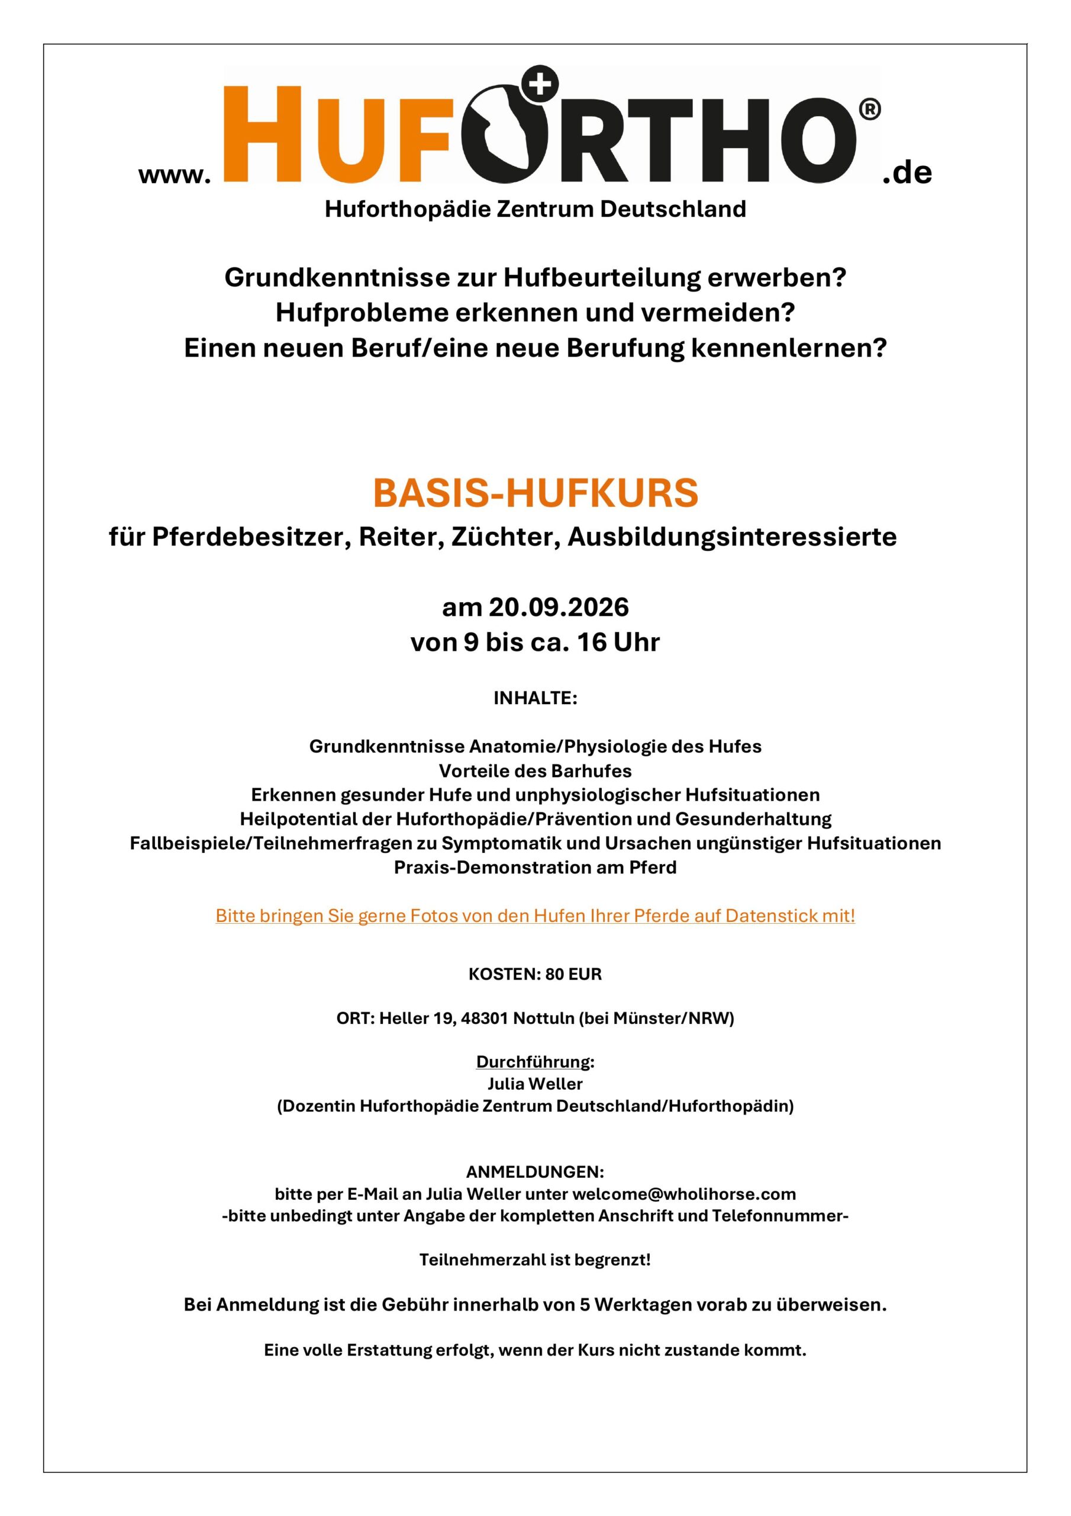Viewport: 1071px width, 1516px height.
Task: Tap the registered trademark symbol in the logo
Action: click(870, 110)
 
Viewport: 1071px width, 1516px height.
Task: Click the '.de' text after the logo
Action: click(907, 173)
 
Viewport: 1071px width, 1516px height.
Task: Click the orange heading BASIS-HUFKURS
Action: click(535, 493)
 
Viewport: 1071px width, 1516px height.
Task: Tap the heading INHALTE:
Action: click(535, 699)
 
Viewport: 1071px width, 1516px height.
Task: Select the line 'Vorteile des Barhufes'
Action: click(535, 770)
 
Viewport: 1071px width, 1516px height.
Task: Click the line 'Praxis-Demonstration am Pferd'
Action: click(535, 867)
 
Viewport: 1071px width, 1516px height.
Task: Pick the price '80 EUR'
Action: click(573, 975)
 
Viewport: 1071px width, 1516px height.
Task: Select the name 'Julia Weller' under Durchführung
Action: click(535, 1084)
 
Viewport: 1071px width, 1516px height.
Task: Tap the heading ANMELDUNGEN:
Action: click(535, 1172)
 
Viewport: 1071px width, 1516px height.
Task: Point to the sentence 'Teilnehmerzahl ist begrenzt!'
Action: click(535, 1260)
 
